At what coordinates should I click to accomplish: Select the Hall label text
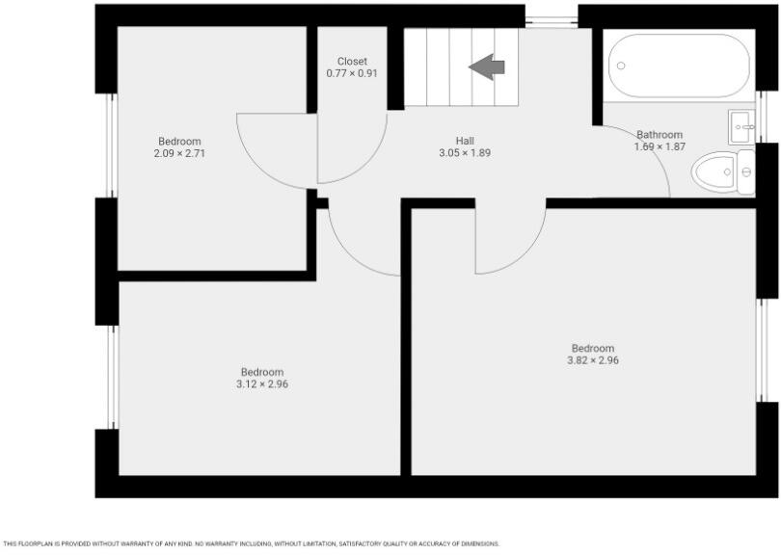pos(465,141)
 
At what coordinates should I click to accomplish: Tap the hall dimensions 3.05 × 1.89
pos(465,152)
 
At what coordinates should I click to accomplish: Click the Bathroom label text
pos(660,135)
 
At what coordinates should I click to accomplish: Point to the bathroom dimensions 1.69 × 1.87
pos(660,146)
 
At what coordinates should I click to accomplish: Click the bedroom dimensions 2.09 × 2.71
pos(179,153)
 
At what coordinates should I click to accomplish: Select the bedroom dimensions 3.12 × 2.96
pos(261,383)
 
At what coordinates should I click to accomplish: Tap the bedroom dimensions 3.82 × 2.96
pos(592,360)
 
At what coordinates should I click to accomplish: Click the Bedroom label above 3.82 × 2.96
pos(592,349)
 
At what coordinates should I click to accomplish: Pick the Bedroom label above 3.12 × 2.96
pos(261,372)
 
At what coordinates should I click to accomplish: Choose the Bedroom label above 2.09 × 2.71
pos(179,142)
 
